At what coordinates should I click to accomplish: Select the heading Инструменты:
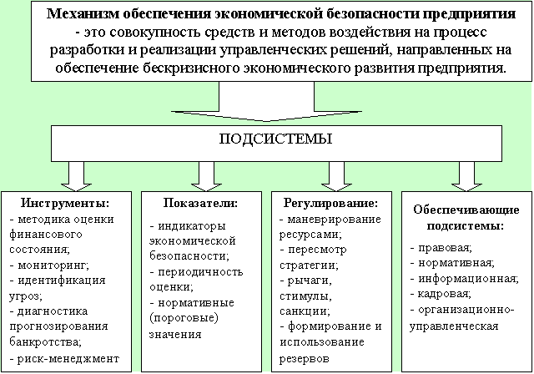(x=64, y=203)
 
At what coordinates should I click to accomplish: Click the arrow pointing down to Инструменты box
(x=76, y=174)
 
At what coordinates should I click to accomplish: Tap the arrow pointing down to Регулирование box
(x=335, y=174)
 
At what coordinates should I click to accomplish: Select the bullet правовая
(x=442, y=248)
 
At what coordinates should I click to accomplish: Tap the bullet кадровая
(x=442, y=294)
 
